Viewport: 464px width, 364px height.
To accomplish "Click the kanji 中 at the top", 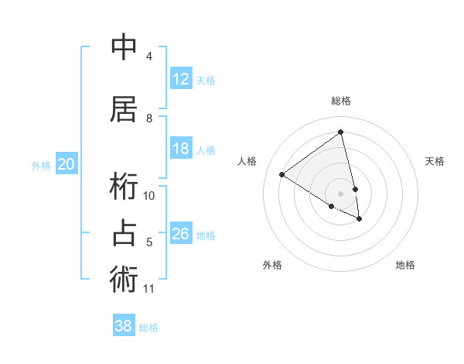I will (125, 47).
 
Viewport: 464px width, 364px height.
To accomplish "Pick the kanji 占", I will (125, 233).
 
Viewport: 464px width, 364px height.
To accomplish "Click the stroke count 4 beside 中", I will (149, 57).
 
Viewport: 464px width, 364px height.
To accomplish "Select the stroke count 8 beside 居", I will (149, 118).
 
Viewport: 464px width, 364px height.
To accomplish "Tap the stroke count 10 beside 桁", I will (149, 196).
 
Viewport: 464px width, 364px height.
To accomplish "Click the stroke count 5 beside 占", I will (149, 242).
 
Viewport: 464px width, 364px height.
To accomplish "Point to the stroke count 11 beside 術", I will (149, 289).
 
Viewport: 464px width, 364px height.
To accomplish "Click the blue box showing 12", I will (181, 79).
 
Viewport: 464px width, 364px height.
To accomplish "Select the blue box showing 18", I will (181, 149).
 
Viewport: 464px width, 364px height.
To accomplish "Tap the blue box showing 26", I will (181, 234).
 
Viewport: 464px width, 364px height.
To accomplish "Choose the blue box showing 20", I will (67, 164).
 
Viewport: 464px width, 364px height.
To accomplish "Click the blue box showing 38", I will (124, 326).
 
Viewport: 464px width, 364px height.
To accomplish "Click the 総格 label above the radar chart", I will (340, 101).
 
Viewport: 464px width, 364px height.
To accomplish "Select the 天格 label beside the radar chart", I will (435, 161).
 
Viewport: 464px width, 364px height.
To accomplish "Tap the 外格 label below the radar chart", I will (272, 265).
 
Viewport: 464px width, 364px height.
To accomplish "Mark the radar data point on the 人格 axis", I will (282, 175).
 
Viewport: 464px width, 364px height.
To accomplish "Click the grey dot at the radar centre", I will (340, 193).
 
